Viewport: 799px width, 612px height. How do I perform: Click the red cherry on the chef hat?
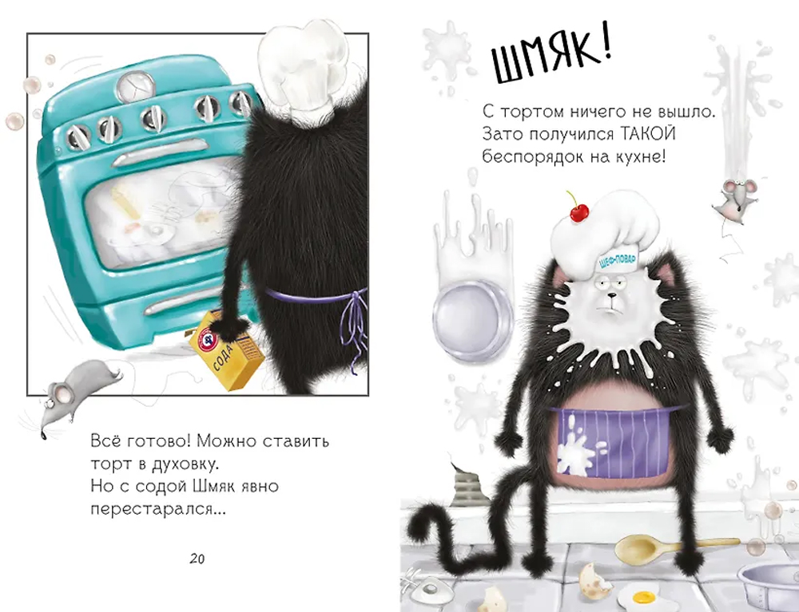(x=578, y=211)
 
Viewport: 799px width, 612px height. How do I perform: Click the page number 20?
(x=197, y=559)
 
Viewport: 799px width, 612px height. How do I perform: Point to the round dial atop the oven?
(x=136, y=84)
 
